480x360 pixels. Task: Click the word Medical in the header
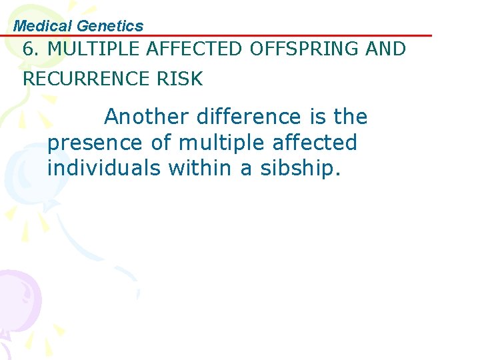click(x=43, y=26)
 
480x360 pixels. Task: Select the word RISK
click(x=180, y=79)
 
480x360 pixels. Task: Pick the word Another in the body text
click(x=147, y=117)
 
